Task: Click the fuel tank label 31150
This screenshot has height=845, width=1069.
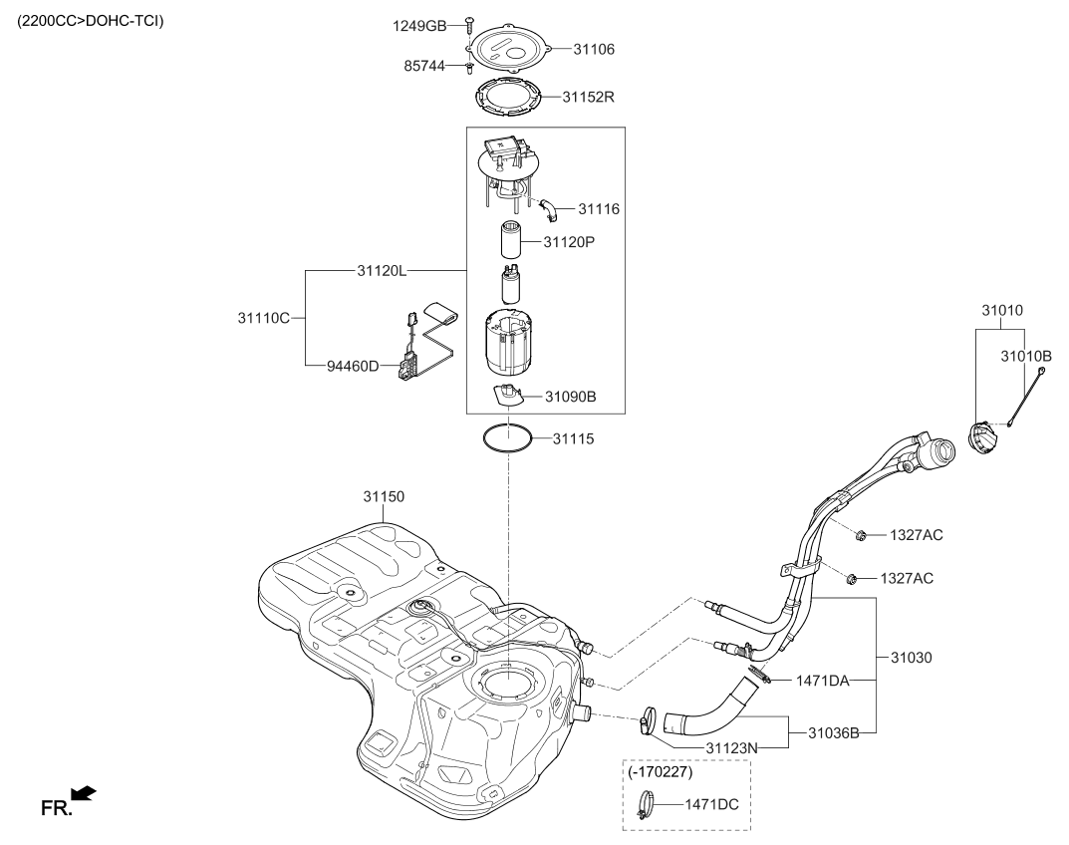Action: tap(385, 495)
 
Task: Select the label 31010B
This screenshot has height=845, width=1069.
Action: tap(1025, 355)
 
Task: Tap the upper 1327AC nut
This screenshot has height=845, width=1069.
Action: tap(859, 536)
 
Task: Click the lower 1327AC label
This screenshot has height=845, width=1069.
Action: tap(907, 578)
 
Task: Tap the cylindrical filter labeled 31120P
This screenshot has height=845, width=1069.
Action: tap(512, 242)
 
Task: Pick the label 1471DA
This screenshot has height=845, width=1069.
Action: tap(821, 681)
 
